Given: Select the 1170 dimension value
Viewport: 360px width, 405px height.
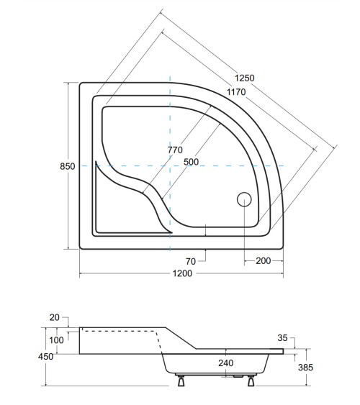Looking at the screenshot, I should tap(237, 91).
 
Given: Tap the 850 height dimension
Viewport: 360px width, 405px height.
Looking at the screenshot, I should tap(67, 166).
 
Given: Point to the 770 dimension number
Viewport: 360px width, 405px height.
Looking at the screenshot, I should tap(175, 150).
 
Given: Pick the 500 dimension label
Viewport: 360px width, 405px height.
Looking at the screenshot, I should tap(191, 162).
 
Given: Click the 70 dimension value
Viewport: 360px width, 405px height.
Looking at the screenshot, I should tap(191, 260).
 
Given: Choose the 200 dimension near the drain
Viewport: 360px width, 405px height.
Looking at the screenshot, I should tap(264, 260).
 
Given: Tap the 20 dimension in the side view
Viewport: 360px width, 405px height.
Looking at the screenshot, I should tap(55, 317).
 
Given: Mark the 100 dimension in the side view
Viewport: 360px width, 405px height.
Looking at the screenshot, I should tap(56, 340).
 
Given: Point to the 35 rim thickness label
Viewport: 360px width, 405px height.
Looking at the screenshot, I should tap(282, 337).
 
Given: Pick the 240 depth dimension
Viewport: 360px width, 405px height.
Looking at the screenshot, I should tap(226, 363).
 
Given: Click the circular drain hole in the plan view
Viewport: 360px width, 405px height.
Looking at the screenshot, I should tap(243, 199).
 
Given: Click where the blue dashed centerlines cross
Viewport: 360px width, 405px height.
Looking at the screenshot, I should tap(170, 166).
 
